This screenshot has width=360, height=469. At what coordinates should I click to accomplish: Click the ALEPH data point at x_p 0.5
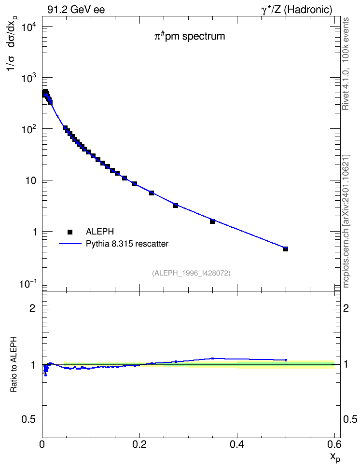[x=286, y=249]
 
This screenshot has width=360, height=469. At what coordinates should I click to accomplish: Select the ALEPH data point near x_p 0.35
[x=212, y=221]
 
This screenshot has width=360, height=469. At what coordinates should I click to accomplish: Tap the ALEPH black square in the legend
[x=70, y=232]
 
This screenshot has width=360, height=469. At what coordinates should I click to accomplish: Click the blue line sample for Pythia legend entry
[x=70, y=244]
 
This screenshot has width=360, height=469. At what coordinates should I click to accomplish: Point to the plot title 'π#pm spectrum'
[x=190, y=36]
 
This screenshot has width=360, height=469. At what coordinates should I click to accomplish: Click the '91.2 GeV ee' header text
[x=76, y=10]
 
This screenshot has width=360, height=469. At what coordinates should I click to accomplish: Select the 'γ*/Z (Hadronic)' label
[x=297, y=10]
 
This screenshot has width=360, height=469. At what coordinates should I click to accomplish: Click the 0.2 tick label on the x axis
[x=139, y=444]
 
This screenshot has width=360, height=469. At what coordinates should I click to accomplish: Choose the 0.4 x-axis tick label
[x=237, y=444]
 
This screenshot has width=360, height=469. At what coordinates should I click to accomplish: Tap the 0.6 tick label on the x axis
[x=334, y=444]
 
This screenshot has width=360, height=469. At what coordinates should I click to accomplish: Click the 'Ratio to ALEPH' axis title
[x=13, y=364]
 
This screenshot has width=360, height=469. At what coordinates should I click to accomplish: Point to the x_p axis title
[x=335, y=457]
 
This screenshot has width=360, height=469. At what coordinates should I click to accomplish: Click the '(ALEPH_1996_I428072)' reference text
[x=191, y=273]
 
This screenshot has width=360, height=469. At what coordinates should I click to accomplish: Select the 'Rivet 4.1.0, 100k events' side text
[x=346, y=64]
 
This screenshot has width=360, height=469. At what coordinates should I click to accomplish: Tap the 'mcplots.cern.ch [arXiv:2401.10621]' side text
[x=346, y=221]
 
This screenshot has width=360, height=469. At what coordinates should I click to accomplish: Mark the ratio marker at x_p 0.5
[x=286, y=360]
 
